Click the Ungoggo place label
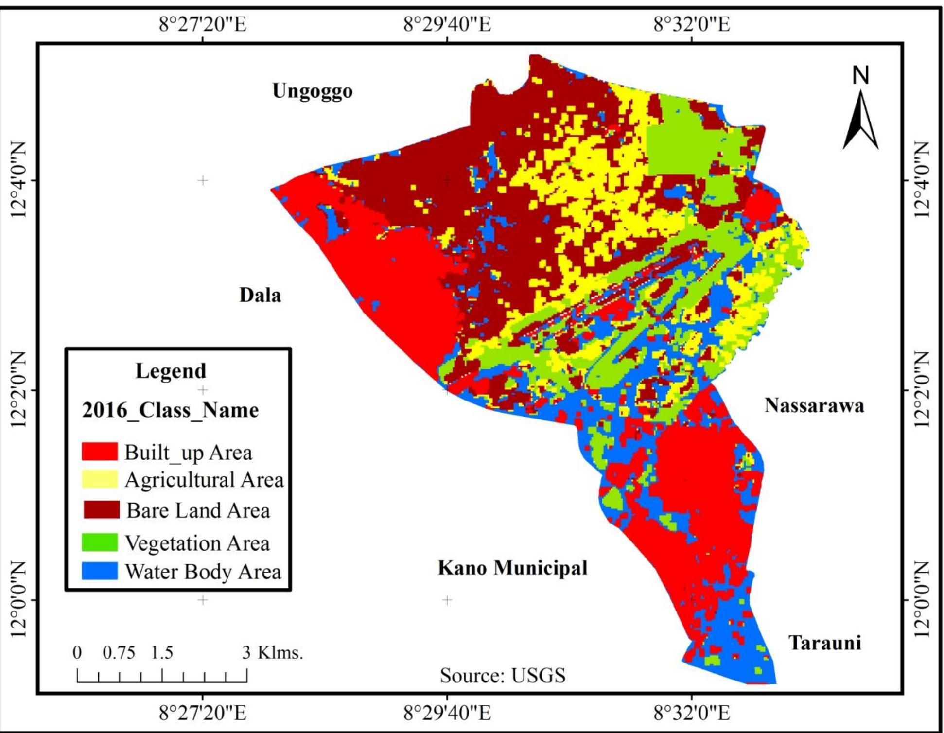[x=312, y=91]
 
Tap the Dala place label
[x=260, y=295]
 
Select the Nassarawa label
[x=814, y=405]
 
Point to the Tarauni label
[x=824, y=643]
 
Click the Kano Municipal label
[x=512, y=568]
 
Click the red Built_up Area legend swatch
[x=100, y=452]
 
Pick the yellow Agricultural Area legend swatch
[x=100, y=479]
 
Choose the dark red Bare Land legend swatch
[x=101, y=510]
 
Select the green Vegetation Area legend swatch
[x=100, y=542]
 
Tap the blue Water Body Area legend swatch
[x=100, y=571]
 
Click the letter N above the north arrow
[x=861, y=75]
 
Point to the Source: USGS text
[x=503, y=676]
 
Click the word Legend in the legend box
[x=171, y=371]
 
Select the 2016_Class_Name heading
[x=170, y=410]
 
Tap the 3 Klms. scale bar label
[x=273, y=652]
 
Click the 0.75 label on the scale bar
[x=119, y=652]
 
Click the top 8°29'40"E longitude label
[x=447, y=24]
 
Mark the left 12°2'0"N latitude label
[x=17, y=389]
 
